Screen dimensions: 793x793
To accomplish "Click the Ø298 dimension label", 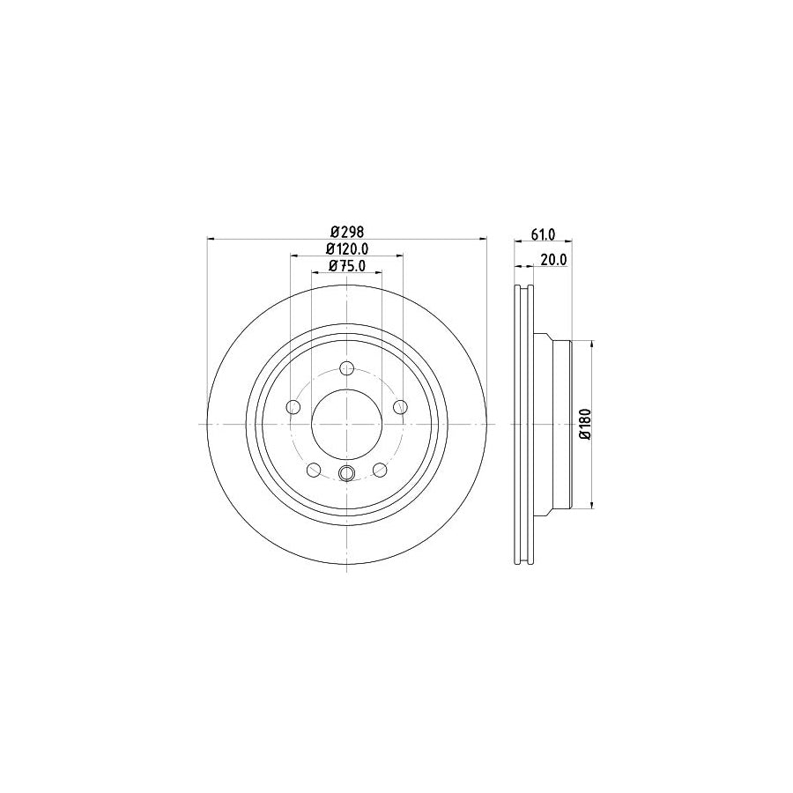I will pyautogui.click(x=346, y=232).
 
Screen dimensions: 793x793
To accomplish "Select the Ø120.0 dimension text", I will pyautogui.click(x=346, y=249).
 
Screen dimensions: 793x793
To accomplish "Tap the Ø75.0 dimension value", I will pyautogui.click(x=346, y=266).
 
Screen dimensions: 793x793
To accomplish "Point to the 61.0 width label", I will pyautogui.click(x=543, y=233).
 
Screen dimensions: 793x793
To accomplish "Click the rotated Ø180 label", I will pyautogui.click(x=583, y=425).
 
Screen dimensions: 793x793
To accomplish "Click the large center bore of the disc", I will pyautogui.click(x=346, y=424).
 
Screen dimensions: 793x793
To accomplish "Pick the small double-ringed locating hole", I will pyautogui.click(x=346, y=474).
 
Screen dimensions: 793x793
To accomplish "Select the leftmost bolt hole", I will pyautogui.click(x=293, y=406).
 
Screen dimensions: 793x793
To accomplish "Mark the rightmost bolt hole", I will pyautogui.click(x=400, y=406).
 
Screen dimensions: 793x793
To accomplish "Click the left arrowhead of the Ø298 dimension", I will pyautogui.click(x=210, y=239).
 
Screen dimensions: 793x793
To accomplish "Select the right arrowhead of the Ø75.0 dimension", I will pyautogui.click(x=378, y=273).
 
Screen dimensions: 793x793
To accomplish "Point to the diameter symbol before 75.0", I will pyautogui.click(x=332, y=266).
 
